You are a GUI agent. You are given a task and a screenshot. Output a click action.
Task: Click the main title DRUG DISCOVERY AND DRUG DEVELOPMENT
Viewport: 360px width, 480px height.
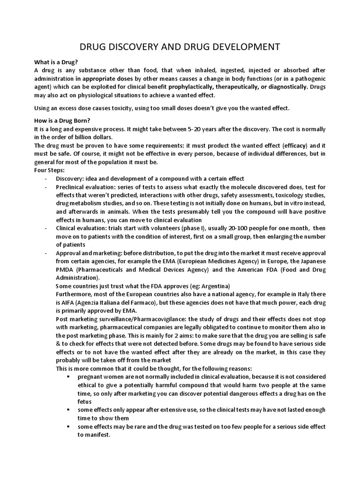click(x=180, y=47)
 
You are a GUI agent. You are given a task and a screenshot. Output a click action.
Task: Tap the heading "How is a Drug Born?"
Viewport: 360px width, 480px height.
click(x=62, y=120)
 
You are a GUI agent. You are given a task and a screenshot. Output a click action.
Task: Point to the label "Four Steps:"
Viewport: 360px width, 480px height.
click(x=50, y=170)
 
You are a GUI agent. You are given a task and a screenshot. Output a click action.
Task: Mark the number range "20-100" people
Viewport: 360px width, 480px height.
click(x=214, y=228)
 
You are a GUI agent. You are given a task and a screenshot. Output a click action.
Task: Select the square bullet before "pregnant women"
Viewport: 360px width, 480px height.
click(x=68, y=377)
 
